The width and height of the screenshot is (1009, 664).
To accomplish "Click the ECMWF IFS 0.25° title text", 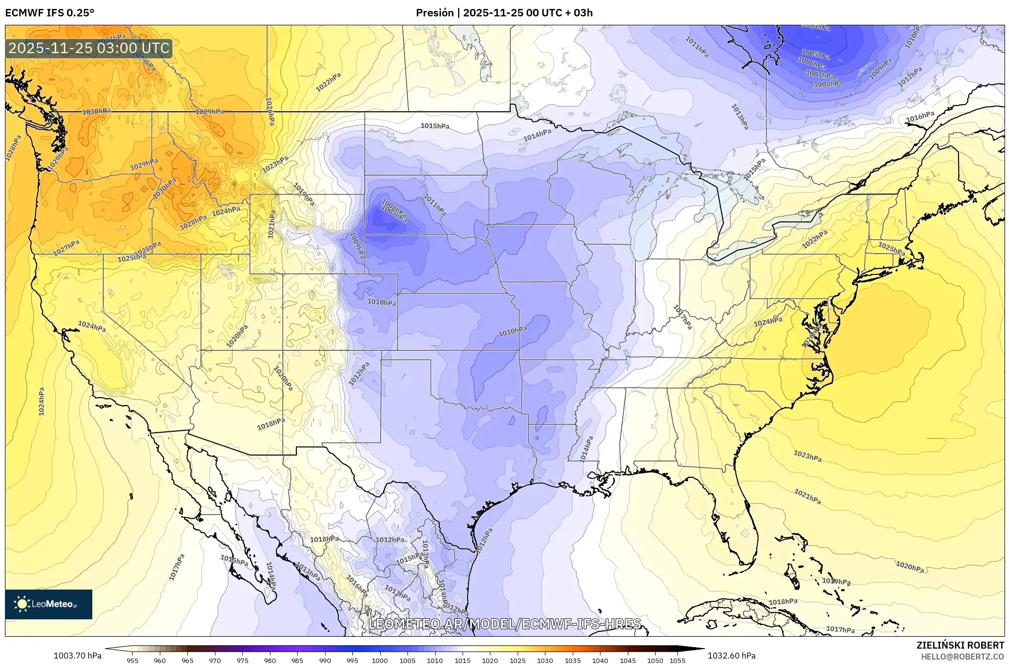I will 50,13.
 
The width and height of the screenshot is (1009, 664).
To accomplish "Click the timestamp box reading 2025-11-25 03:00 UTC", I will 89,49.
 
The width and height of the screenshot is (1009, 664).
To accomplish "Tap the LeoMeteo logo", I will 49,604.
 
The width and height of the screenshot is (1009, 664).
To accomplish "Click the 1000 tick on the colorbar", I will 380,660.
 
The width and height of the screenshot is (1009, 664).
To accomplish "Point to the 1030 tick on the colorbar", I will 545,660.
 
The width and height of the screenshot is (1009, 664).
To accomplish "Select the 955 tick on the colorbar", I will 133,660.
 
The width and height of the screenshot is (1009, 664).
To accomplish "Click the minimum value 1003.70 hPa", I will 77,656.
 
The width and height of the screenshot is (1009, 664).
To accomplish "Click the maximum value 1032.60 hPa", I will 732,656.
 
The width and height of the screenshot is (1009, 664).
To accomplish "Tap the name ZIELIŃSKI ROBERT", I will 960,645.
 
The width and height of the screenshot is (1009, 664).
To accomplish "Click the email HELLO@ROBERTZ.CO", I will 962,656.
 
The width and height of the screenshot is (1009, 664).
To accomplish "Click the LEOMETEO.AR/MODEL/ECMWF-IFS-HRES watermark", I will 505,624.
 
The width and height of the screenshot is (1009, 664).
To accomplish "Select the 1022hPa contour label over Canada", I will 329,82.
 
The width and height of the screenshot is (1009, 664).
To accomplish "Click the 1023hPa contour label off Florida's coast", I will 807,456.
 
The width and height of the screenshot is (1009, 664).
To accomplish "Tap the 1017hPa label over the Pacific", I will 177,567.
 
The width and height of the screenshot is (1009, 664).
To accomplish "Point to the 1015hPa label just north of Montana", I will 435,126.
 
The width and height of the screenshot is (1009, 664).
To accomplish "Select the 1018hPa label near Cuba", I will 783,601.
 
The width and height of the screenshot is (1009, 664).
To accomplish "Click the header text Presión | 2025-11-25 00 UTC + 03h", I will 504,13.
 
